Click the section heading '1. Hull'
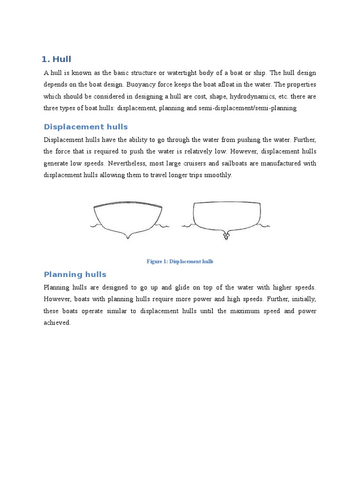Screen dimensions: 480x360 tap(56, 59)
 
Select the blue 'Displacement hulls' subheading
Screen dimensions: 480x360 tap(85, 127)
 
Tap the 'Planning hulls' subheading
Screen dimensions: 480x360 tap(75, 275)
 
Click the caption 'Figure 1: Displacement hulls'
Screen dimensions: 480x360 tap(180, 262)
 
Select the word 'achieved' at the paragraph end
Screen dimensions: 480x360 tap(56, 322)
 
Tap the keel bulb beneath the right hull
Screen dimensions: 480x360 tap(226, 237)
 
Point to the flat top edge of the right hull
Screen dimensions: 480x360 tap(227, 202)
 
